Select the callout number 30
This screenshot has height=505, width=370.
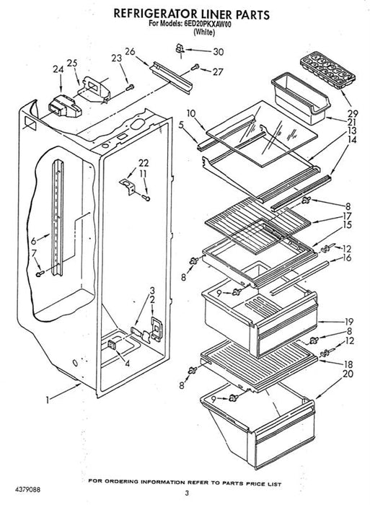[218, 52]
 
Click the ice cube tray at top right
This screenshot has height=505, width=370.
[327, 71]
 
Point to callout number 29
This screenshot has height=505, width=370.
[352, 114]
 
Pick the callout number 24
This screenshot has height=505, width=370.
[58, 69]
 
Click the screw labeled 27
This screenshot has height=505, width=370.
[195, 67]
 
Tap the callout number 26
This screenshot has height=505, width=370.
[130, 51]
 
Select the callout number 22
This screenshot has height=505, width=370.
[144, 163]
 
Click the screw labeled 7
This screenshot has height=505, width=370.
[40, 273]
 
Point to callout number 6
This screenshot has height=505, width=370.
[34, 240]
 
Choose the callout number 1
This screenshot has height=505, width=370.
[48, 400]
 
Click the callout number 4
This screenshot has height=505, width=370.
[128, 364]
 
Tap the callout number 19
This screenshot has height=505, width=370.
[348, 322]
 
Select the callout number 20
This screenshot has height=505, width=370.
[348, 374]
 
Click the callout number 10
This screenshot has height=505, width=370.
[190, 113]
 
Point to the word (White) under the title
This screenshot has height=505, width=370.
[204, 32]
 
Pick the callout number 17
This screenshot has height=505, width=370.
[347, 216]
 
